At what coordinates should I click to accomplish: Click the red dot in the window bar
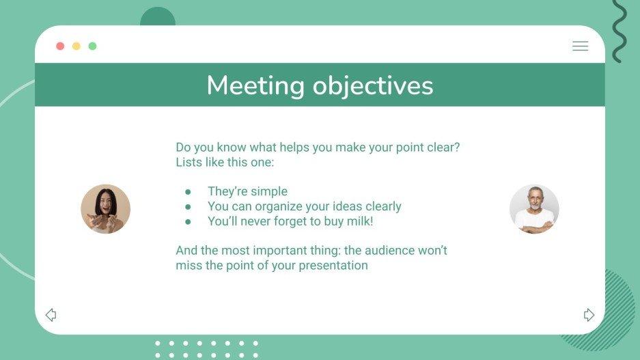60,46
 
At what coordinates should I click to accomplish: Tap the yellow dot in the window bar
76,46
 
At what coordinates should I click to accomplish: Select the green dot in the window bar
92,46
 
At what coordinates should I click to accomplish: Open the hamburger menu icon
580,46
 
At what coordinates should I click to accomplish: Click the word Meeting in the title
255,86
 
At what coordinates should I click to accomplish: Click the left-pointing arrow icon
51,315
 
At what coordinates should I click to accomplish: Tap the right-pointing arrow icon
589,315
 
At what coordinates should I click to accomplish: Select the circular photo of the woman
105,209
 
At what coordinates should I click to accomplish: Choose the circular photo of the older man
534,209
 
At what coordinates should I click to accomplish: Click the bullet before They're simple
188,192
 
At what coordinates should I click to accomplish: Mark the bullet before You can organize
188,207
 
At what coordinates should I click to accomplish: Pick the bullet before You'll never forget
188,222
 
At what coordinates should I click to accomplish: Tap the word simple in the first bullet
269,191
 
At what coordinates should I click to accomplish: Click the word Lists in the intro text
189,163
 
